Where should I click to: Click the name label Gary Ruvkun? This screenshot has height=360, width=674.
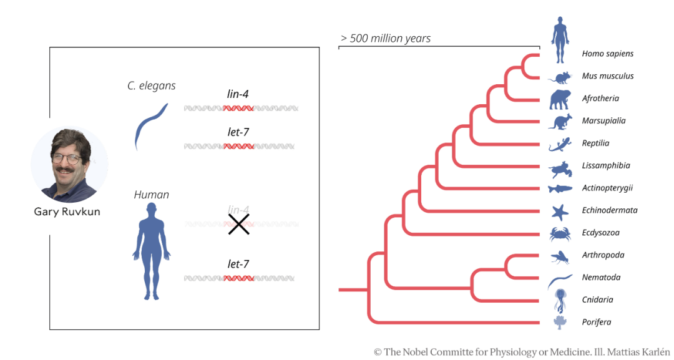tap(67, 212)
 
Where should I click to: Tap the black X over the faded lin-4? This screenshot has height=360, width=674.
tap(238, 224)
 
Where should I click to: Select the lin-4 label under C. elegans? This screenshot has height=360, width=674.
tap(238, 94)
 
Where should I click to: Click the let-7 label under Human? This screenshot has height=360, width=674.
tap(238, 264)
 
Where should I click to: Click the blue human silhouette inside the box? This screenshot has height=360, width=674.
tap(151, 251)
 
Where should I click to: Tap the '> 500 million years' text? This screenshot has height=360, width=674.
tap(386, 38)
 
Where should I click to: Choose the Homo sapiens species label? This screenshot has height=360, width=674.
tap(607, 54)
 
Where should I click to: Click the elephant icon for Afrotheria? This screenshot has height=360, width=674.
tap(560, 100)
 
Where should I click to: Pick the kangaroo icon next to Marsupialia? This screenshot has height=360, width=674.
tap(560, 122)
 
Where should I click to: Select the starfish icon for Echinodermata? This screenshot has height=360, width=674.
tap(560, 212)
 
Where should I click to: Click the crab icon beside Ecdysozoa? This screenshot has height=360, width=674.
tap(560, 234)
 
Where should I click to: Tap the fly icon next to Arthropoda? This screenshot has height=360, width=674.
tap(560, 257)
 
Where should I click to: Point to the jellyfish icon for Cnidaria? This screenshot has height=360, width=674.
tap(560, 301)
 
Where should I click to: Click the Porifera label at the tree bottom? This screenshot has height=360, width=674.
tap(596, 322)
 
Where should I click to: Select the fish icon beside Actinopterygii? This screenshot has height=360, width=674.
tap(560, 188)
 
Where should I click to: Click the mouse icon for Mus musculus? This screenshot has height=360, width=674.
tap(560, 78)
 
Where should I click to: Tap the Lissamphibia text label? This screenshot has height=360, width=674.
tap(605, 166)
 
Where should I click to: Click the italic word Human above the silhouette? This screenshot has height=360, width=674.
tap(151, 195)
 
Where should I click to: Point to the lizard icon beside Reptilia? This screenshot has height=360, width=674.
tap(560, 144)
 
